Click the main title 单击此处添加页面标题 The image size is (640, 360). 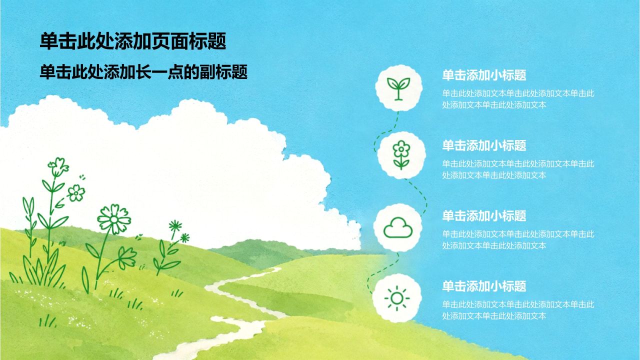[x=133, y=41]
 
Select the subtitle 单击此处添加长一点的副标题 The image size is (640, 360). [x=143, y=72]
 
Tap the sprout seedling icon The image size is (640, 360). [x=398, y=88]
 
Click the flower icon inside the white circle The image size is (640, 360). [x=401, y=155]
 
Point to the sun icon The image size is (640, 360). [x=397, y=298]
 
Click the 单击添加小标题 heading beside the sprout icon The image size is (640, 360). [x=484, y=75]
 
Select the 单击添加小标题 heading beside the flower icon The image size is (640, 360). [x=484, y=145]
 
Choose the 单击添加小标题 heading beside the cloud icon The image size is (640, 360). [x=484, y=215]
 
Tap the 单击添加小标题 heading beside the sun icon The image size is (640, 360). [x=484, y=286]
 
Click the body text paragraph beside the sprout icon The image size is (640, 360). [x=518, y=99]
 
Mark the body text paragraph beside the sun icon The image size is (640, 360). [x=518, y=310]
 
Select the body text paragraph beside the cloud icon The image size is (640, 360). [x=518, y=239]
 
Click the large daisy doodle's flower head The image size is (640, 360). [x=114, y=219]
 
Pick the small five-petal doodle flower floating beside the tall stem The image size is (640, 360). [x=76, y=193]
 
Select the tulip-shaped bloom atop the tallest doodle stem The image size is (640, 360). [x=58, y=166]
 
